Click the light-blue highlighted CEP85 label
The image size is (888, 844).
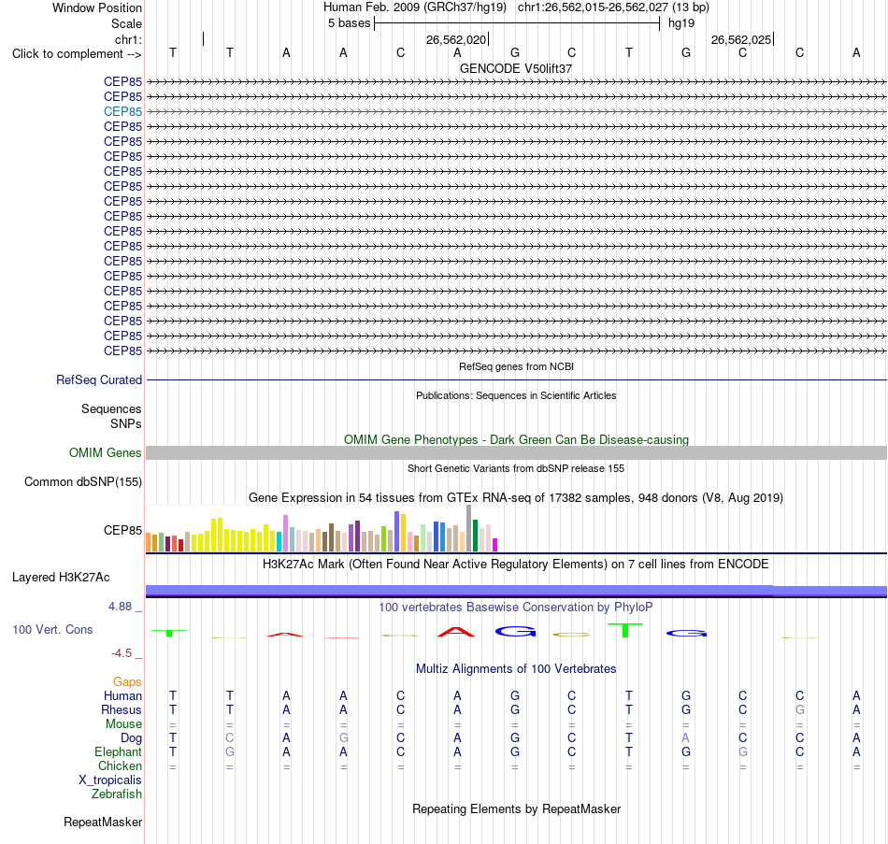[122, 111]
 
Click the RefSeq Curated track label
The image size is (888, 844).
[98, 380]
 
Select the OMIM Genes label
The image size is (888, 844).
[105, 452]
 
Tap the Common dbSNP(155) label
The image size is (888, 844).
[82, 482]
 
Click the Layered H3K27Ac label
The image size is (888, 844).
[61, 578]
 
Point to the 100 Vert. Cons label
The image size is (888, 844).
[52, 629]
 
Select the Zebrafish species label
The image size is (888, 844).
[117, 794]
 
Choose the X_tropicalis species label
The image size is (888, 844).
[110, 780]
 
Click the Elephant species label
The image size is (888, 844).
[118, 751]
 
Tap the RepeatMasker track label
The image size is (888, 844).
[103, 822]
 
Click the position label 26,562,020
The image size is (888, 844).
[456, 39]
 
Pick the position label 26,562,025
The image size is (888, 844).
[740, 39]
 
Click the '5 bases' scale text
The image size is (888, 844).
[349, 23]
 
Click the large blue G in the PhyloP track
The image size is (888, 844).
[515, 631]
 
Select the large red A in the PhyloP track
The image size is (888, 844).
[456, 632]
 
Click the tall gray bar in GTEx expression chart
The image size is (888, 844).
[468, 528]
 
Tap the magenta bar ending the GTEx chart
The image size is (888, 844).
[494, 545]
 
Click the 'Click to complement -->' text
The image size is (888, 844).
[77, 54]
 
